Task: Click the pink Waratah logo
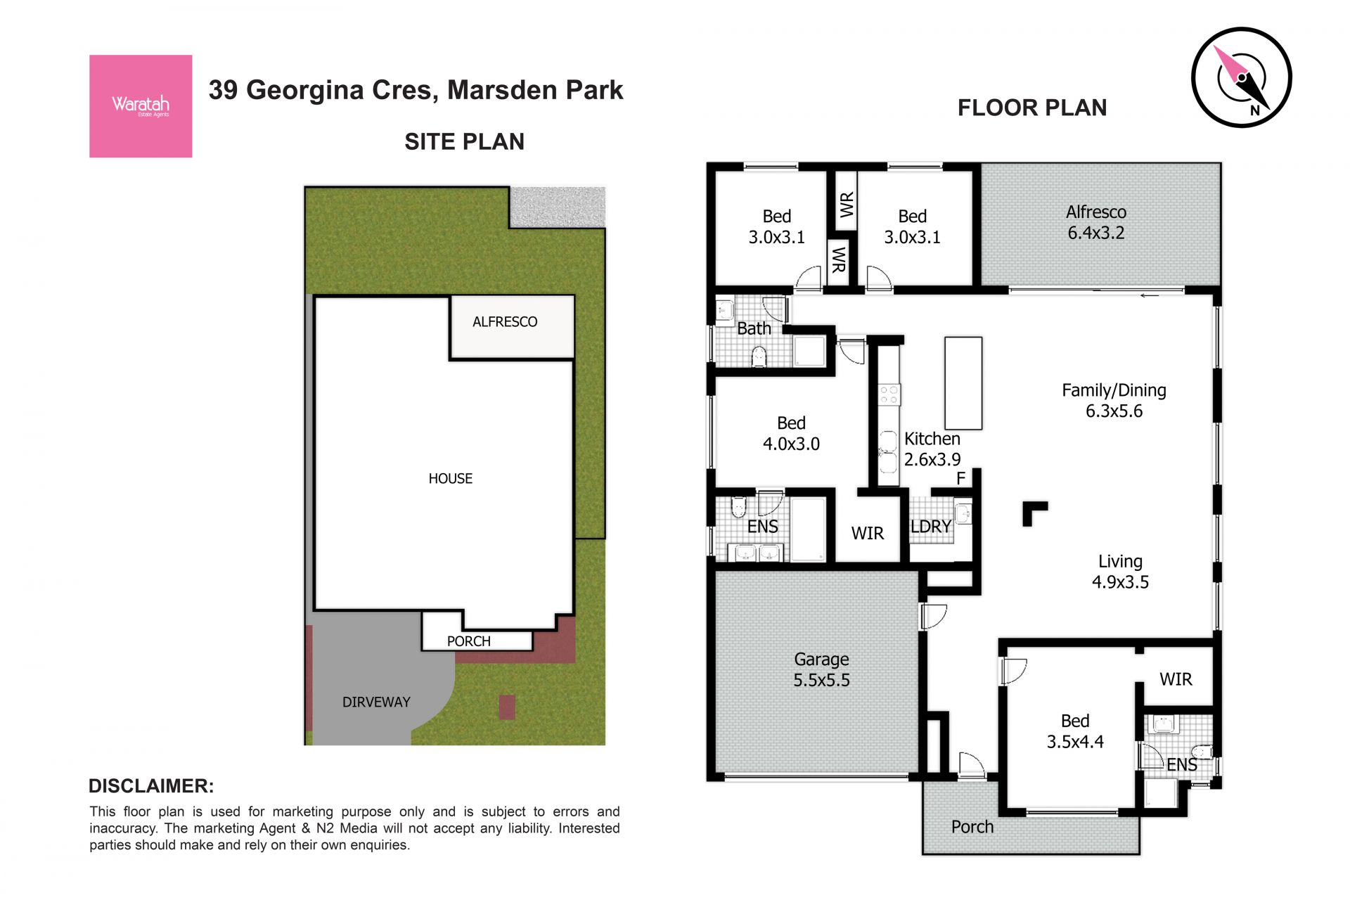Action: coord(141,106)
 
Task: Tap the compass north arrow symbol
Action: coord(1241,77)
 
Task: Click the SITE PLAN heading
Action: coord(464,142)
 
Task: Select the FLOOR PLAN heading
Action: coord(1032,108)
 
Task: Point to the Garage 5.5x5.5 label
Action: coord(821,669)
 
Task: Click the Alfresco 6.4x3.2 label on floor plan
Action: coord(1096,222)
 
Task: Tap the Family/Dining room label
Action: coord(1114,401)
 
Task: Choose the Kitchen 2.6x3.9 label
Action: coord(932,449)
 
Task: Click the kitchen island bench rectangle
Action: coord(963,383)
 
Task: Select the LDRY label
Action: coord(931,527)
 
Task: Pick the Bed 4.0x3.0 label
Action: coord(791,433)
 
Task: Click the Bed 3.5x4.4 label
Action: coord(1075,731)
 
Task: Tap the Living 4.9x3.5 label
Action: coord(1120,572)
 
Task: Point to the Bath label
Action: coord(754,328)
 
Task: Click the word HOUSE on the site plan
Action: coord(451,479)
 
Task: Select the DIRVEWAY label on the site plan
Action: coord(376,702)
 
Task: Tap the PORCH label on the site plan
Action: coord(469,641)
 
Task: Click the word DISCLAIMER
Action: coord(151,786)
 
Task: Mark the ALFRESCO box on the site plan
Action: coord(512,327)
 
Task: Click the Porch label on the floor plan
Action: coord(972,827)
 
